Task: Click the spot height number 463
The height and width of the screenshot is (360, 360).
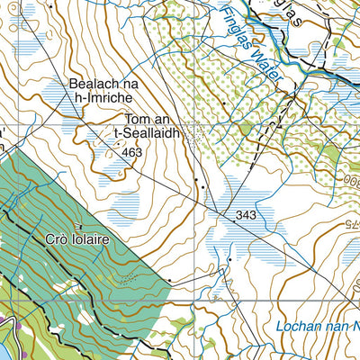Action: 133,154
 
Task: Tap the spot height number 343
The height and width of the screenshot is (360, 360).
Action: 247,216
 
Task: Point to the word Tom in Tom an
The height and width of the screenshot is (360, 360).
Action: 136,119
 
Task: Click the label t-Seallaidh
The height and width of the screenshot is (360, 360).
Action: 148,133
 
